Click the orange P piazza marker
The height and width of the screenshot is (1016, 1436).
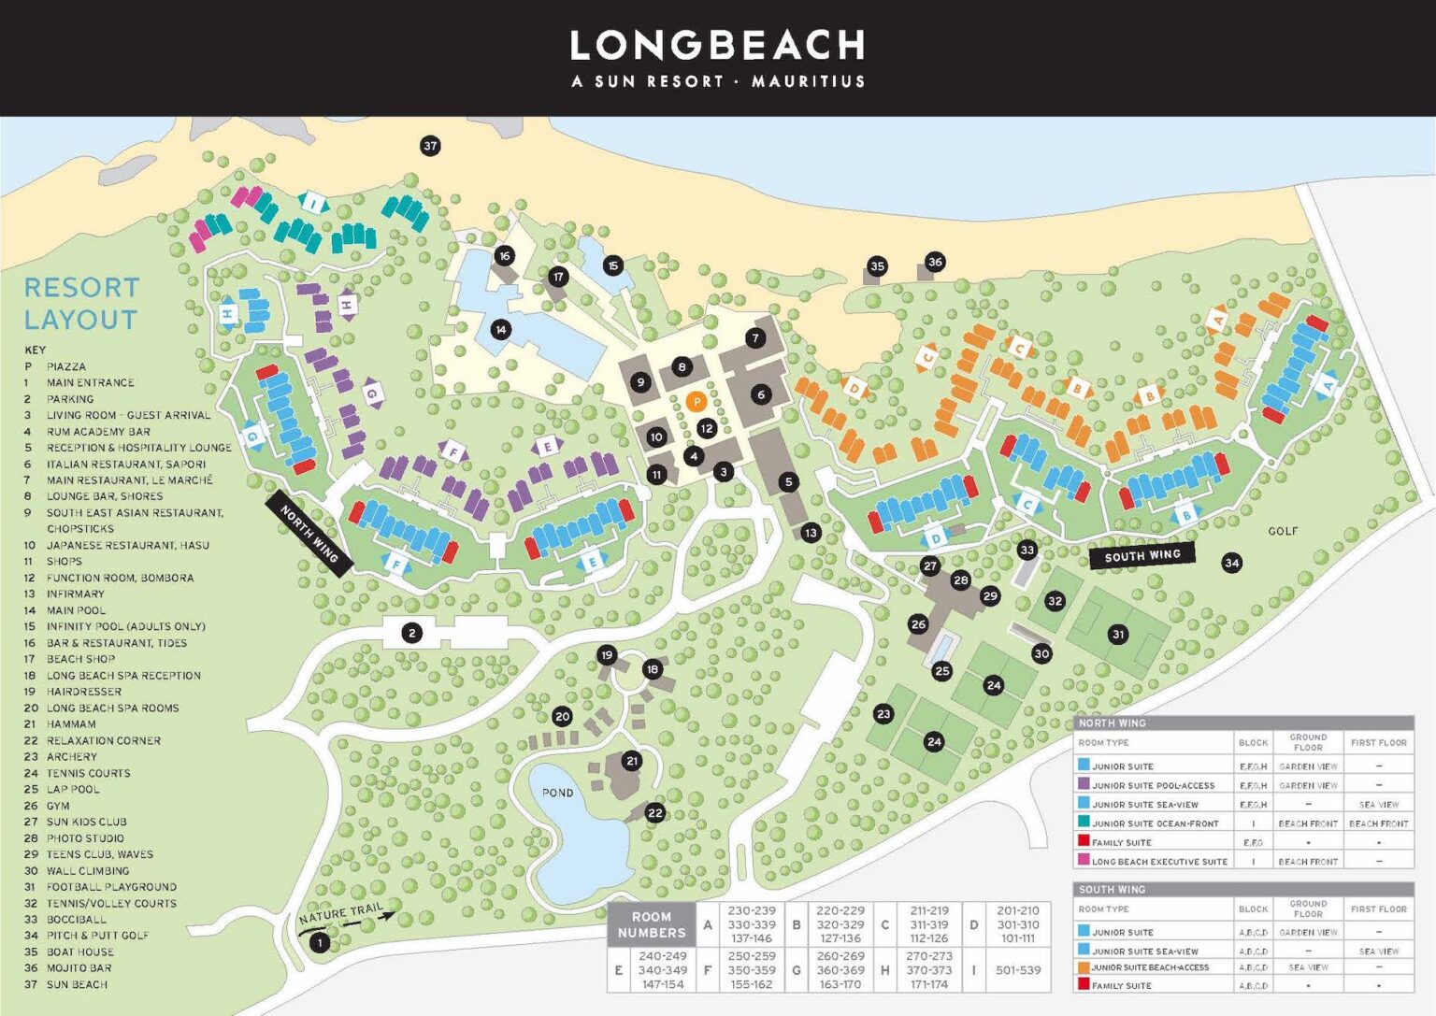696,402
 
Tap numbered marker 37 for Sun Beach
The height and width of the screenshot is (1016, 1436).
430,146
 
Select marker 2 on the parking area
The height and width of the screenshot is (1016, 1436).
411,634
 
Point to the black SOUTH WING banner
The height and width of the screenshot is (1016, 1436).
1142,555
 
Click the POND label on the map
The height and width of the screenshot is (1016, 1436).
557,793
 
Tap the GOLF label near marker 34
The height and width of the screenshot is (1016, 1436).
1282,531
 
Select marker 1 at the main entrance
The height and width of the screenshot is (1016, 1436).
320,942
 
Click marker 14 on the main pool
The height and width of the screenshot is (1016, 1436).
501,329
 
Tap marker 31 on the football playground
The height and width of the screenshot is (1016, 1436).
1118,634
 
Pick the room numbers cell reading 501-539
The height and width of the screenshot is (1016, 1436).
1018,970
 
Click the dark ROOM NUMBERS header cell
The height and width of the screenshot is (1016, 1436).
651,924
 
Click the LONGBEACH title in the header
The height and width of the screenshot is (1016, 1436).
717,45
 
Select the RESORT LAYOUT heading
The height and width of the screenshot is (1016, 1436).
81,303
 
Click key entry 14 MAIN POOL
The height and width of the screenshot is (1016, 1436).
77,610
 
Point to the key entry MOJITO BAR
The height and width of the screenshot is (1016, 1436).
79,968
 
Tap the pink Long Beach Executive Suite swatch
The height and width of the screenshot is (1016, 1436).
1084,861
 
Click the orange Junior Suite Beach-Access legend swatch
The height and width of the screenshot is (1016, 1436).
1084,967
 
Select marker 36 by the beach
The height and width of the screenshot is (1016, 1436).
935,262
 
